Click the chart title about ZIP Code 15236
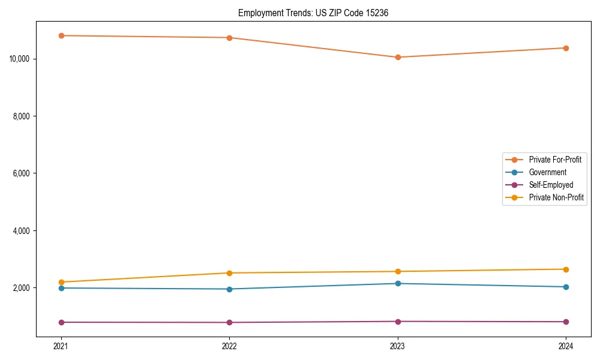coord(313,13)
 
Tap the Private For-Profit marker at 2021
coord(61,35)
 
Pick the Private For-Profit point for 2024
coord(566,48)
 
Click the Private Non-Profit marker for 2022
coord(229,273)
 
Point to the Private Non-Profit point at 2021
coord(61,282)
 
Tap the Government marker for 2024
coord(566,287)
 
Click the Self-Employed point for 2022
coord(229,322)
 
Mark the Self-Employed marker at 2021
coord(61,322)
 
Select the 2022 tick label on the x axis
coord(229,346)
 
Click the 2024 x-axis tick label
coord(566,346)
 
